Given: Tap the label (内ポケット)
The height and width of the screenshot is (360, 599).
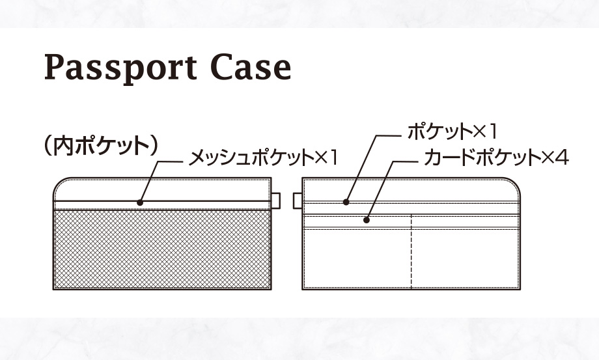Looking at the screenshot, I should [100, 145].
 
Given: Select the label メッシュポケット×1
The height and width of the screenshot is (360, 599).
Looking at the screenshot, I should [264, 158].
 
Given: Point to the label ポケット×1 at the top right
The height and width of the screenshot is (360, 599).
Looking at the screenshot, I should [452, 133].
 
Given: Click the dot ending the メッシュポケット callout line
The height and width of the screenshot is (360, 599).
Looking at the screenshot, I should [140, 202].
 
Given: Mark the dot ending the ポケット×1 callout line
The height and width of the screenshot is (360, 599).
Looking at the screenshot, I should [347, 202].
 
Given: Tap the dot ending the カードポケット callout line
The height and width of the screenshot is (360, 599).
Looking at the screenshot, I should [367, 220].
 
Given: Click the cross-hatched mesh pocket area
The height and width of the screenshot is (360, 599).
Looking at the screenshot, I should [161, 249].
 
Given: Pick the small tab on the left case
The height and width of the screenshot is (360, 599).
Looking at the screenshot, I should [275, 201].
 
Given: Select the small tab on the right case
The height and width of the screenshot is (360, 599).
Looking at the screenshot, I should [298, 201].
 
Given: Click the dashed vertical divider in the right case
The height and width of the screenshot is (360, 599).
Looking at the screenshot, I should [411, 254].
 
